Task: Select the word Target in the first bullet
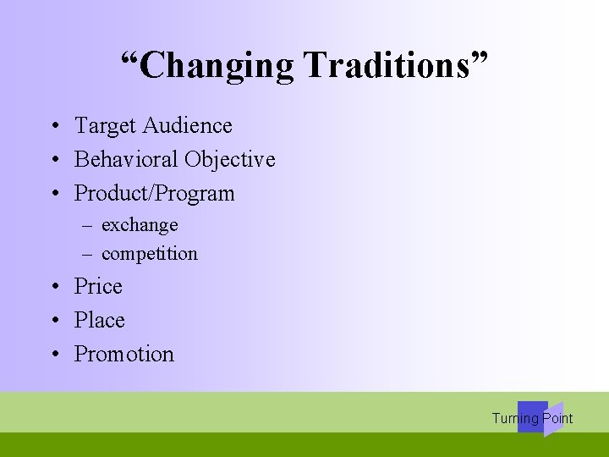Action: [106, 126]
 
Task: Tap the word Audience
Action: [187, 126]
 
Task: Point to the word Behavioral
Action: [127, 159]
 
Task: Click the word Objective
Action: [230, 159]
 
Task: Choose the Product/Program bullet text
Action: [154, 194]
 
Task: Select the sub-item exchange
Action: [140, 225]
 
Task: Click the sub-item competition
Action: [149, 254]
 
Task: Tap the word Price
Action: [98, 287]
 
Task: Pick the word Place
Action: [99, 321]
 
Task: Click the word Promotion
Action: [123, 355]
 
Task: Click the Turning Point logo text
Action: [532, 418]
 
